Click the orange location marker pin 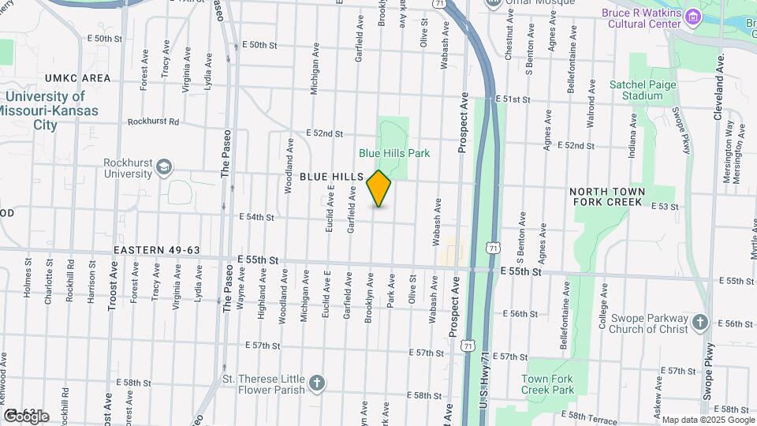[378, 189]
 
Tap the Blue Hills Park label [394, 153]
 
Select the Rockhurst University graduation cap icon [164, 166]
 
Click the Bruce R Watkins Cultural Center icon [692, 16]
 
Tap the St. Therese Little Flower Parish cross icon [315, 383]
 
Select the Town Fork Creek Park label [547, 384]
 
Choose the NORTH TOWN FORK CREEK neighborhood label [607, 197]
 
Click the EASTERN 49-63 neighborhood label [157, 250]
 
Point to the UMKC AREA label [78, 78]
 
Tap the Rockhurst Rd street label [154, 122]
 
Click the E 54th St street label [257, 217]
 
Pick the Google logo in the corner [25, 416]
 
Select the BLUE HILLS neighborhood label [331, 177]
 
